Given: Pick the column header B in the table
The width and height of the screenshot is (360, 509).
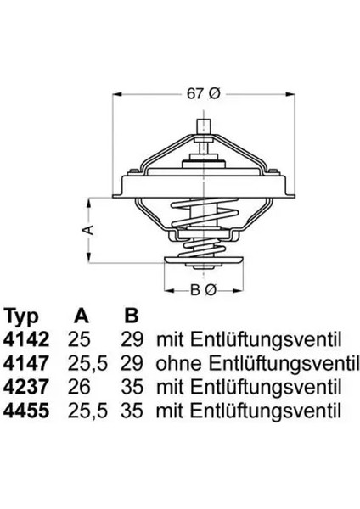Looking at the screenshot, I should point(132,317).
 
